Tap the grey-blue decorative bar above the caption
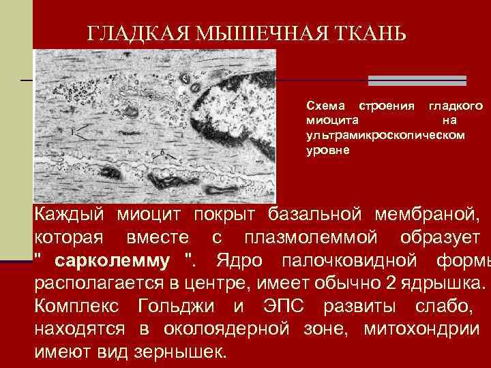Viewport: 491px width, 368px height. pos(417,80)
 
